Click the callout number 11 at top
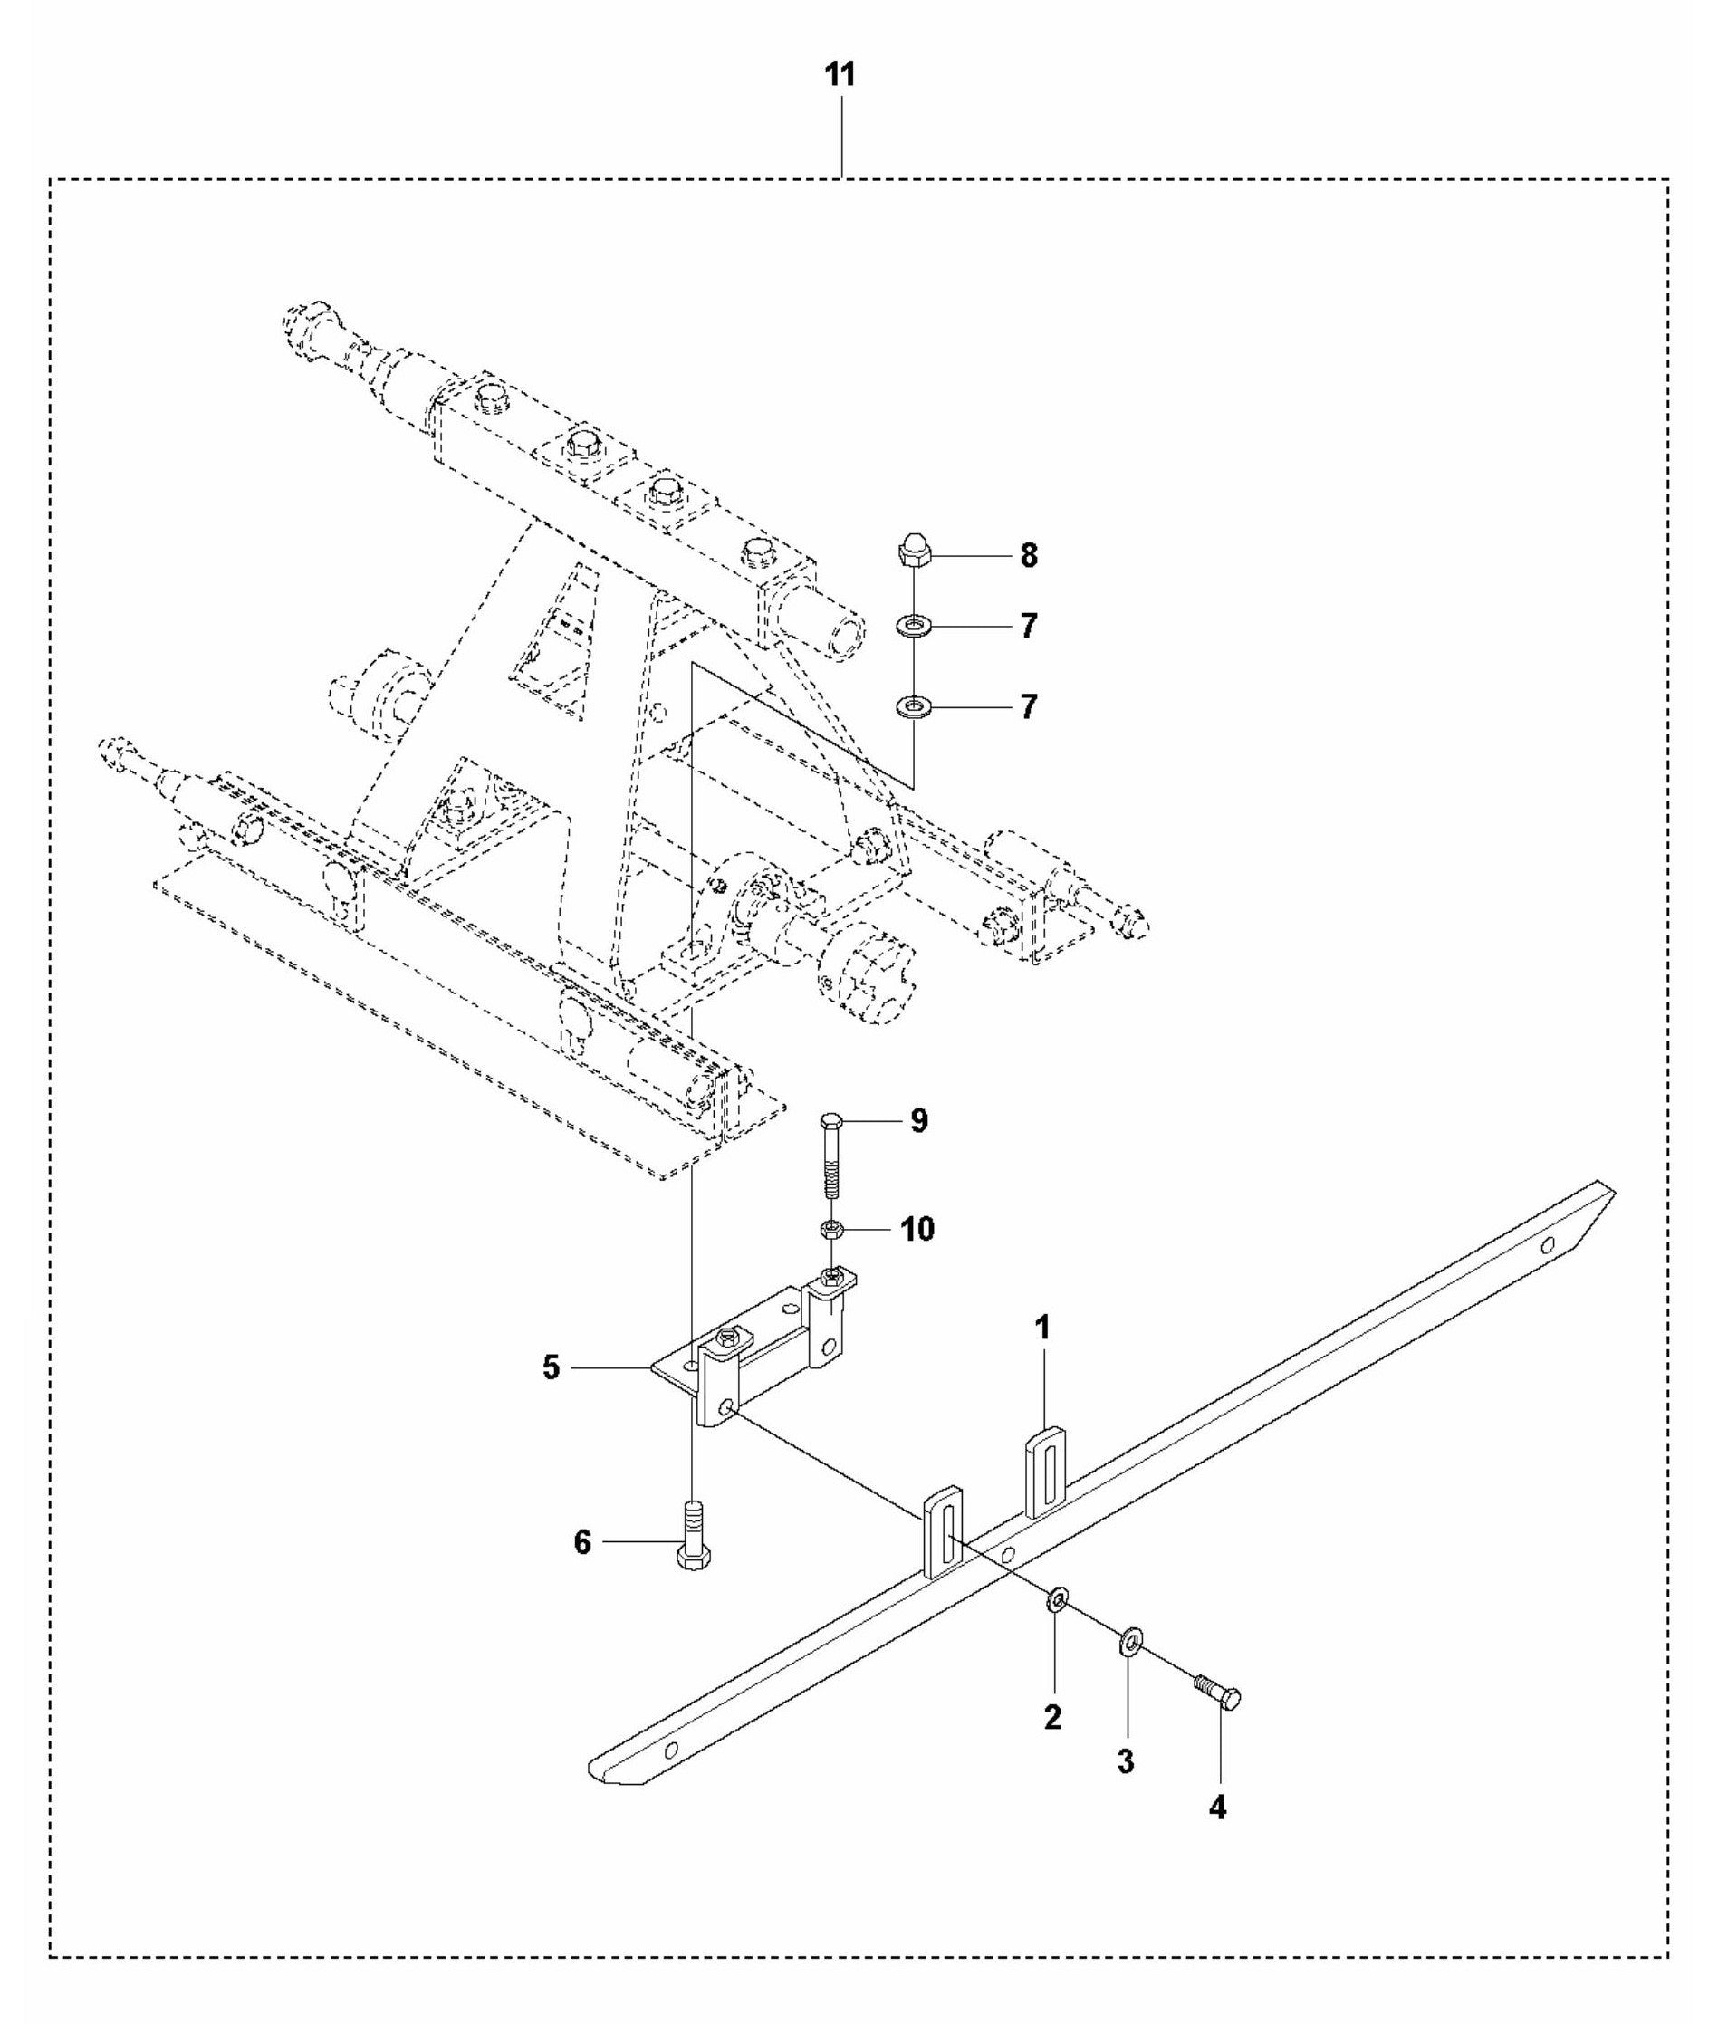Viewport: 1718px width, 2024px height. tap(840, 74)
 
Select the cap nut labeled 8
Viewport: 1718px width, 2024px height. tap(914, 552)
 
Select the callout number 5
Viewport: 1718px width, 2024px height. tap(552, 1367)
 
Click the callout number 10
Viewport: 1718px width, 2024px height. tap(917, 1229)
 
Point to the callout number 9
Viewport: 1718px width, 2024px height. tap(918, 1121)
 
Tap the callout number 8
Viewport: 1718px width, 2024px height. tap(1029, 556)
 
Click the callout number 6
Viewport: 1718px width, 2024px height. tap(582, 1542)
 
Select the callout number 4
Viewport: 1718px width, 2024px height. tap(1217, 1808)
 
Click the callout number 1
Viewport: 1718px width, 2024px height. tap(1042, 1329)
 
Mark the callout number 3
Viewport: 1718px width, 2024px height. tap(1126, 1761)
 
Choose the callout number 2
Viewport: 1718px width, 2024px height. tap(1053, 1718)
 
